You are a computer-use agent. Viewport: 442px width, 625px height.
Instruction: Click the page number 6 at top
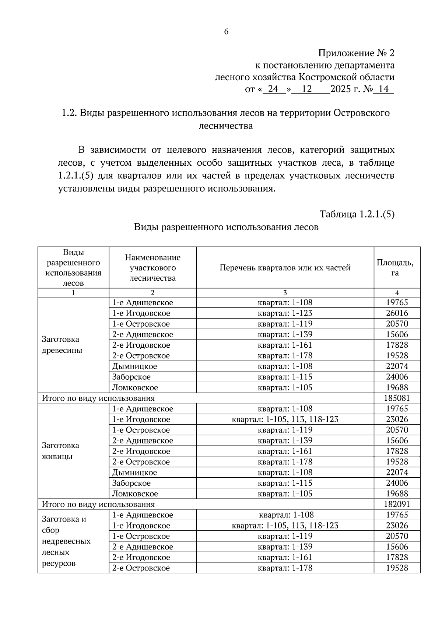pyautogui.click(x=226, y=32)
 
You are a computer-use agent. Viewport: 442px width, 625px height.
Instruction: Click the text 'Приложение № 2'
pyautogui.click(x=356, y=53)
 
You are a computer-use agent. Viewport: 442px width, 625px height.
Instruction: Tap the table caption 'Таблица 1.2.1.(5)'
pyautogui.click(x=357, y=214)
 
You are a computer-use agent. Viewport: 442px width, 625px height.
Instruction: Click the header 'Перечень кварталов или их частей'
pyautogui.click(x=285, y=268)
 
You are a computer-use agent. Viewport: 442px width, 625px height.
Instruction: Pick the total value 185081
pyautogui.click(x=397, y=398)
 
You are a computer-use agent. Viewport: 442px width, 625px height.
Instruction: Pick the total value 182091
pyautogui.click(x=397, y=504)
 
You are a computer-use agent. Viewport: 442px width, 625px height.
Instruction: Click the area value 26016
pyautogui.click(x=397, y=313)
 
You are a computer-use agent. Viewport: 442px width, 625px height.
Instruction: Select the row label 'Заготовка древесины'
pyautogui.click(x=62, y=345)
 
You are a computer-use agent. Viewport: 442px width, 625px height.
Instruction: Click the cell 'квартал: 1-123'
pyautogui.click(x=285, y=313)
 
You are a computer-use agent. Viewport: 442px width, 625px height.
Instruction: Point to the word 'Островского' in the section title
pyautogui.click(x=361, y=113)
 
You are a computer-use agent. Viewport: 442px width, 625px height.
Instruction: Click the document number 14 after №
pyautogui.click(x=383, y=89)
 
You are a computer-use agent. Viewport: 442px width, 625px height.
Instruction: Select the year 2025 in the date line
pyautogui.click(x=341, y=89)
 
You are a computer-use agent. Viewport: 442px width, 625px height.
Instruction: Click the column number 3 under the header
pyautogui.click(x=285, y=293)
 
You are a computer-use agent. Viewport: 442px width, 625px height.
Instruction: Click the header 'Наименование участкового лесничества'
pyautogui.click(x=152, y=268)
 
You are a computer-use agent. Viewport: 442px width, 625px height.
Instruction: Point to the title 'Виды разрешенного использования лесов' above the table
pyautogui.click(x=226, y=227)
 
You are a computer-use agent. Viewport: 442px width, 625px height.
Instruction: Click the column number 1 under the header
pyautogui.click(x=73, y=293)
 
